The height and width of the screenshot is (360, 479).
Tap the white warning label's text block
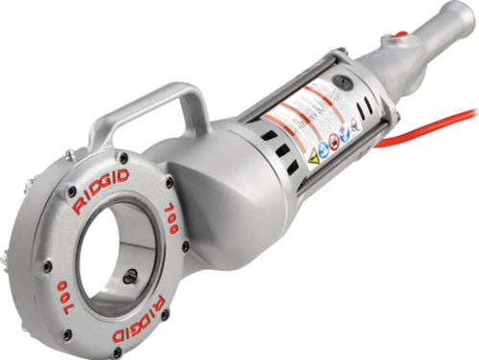click(307, 115)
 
